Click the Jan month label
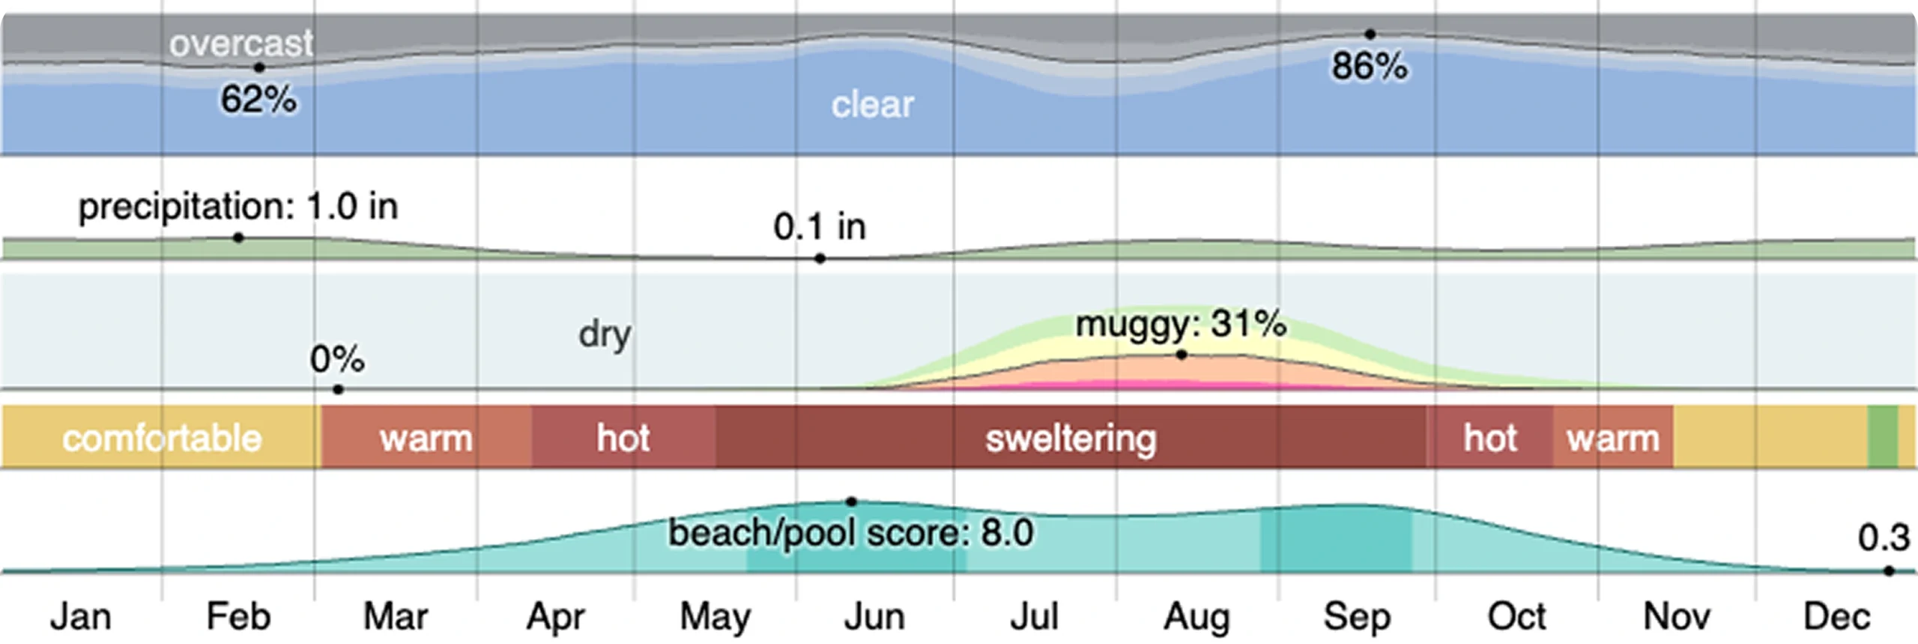pyautogui.click(x=81, y=617)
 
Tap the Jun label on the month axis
pyautogui.click(x=874, y=617)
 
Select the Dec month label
pyautogui.click(x=1836, y=617)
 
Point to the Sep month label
pyautogui.click(x=1357, y=617)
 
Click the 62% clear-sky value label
pyautogui.click(x=258, y=100)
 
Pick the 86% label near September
pyautogui.click(x=1370, y=67)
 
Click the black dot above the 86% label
pyautogui.click(x=1370, y=34)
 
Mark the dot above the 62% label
pyautogui.click(x=259, y=67)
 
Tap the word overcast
pyautogui.click(x=241, y=44)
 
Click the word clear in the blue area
pyautogui.click(x=873, y=105)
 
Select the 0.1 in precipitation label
pyautogui.click(x=820, y=226)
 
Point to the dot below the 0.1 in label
pyautogui.click(x=820, y=259)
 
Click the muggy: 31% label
pyautogui.click(x=1182, y=325)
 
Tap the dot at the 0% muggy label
pyautogui.click(x=339, y=390)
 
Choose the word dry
pyautogui.click(x=605, y=334)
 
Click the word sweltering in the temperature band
pyautogui.click(x=1071, y=439)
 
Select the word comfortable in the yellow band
pyautogui.click(x=162, y=439)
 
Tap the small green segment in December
pyautogui.click(x=1882, y=437)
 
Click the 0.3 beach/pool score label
pyautogui.click(x=1884, y=538)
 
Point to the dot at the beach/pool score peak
pyautogui.click(x=851, y=502)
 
